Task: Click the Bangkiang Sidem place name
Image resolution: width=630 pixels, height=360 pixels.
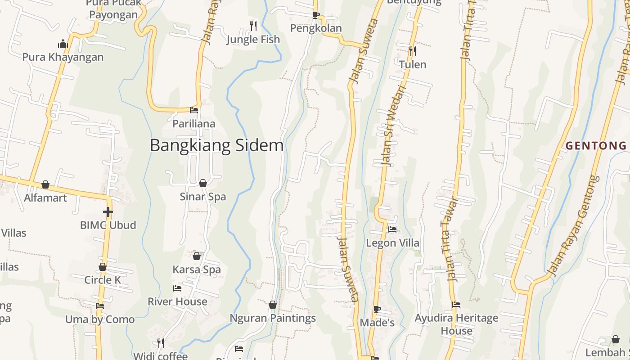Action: click(216, 145)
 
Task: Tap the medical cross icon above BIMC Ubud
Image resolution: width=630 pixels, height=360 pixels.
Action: click(108, 211)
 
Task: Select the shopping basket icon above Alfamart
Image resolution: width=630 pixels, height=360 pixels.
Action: click(45, 184)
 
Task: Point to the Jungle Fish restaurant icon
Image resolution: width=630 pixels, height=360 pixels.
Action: click(253, 26)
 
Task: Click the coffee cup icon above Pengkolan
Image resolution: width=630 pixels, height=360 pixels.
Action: click(316, 15)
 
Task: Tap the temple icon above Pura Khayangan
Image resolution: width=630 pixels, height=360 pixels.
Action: click(63, 44)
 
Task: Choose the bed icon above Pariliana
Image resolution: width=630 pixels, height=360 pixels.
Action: click(194, 110)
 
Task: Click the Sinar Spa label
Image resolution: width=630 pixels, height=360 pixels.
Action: click(202, 197)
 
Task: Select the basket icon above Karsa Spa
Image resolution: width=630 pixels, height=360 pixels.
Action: click(197, 256)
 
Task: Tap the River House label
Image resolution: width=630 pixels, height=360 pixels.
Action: click(177, 301)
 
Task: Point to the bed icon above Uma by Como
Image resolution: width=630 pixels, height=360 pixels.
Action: click(100, 306)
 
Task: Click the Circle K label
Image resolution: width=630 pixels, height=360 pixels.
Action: click(103, 280)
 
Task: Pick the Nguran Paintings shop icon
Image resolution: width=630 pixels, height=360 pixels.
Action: click(272, 305)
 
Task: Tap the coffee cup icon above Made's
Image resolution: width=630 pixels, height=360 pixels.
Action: click(377, 309)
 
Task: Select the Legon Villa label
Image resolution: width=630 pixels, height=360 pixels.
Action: click(392, 243)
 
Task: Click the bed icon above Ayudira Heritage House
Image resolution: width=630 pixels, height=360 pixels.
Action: click(456, 305)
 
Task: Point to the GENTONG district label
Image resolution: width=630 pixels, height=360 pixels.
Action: click(596, 146)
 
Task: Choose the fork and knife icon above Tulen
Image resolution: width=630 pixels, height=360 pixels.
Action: click(412, 51)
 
